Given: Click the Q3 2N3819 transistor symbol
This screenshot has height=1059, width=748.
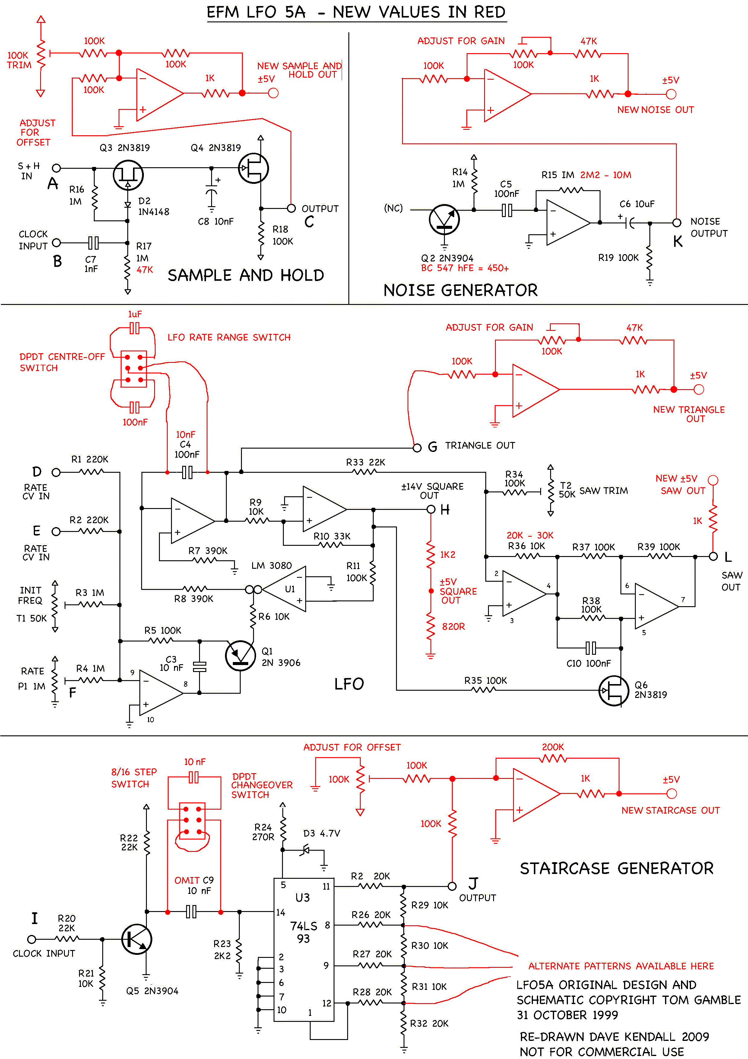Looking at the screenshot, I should [128, 175].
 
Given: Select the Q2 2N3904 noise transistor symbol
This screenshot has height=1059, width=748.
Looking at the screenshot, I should [444, 219].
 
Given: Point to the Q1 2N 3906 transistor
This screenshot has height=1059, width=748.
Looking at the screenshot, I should [240, 655].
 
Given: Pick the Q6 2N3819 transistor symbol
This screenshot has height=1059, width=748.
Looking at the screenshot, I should [613, 690].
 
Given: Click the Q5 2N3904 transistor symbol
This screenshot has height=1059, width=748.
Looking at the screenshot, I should [136, 939].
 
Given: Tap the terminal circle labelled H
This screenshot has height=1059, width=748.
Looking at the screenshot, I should [431, 509].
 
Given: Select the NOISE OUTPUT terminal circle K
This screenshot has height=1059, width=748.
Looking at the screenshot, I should [677, 223].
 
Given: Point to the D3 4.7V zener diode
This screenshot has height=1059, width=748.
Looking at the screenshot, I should [305, 849].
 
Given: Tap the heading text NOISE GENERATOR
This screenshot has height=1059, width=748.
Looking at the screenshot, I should [461, 290].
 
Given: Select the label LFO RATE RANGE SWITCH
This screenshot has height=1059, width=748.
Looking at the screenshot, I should [229, 337].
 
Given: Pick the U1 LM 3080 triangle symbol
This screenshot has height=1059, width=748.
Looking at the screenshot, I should [284, 590].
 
